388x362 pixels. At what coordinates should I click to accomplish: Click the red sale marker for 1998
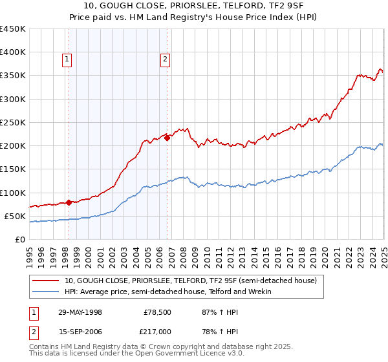(69, 202)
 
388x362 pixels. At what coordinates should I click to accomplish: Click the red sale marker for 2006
(167, 138)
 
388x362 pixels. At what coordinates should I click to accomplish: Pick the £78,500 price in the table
(155, 312)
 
